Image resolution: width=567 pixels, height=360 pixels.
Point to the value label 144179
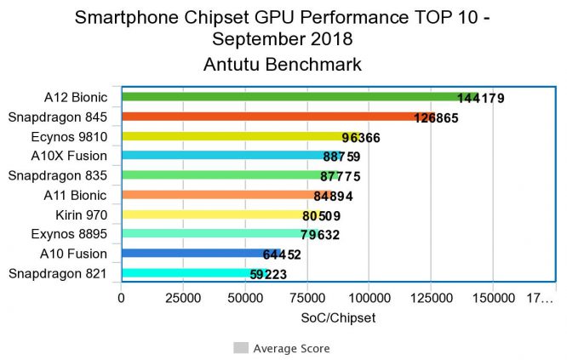pyautogui.click(x=481, y=99)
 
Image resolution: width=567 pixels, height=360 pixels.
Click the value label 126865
pyautogui.click(x=437, y=118)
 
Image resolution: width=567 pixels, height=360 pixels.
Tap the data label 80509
pyautogui.click(x=327, y=216)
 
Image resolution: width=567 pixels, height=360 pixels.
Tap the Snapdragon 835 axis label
pyautogui.click(x=57, y=175)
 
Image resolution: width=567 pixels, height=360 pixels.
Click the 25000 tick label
pyautogui.click(x=184, y=299)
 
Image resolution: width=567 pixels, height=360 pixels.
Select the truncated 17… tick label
pyautogui.click(x=541, y=299)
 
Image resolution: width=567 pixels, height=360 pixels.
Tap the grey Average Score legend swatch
pyautogui.click(x=241, y=348)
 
